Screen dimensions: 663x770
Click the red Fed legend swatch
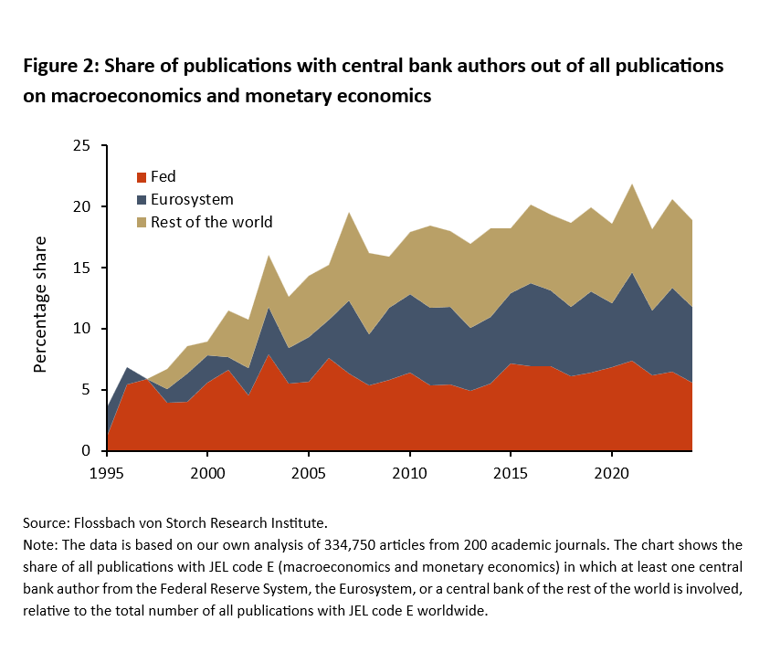click(142, 177)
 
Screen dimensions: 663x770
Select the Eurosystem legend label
click(193, 199)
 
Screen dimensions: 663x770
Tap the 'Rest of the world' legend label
click(211, 222)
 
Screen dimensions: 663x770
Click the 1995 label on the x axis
click(107, 474)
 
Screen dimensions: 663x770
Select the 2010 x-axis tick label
click(410, 474)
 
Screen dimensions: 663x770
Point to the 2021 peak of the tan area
click(631, 184)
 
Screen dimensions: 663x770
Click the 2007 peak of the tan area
click(349, 213)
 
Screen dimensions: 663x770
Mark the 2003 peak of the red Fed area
click(268, 354)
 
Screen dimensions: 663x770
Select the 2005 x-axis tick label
click(309, 474)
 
